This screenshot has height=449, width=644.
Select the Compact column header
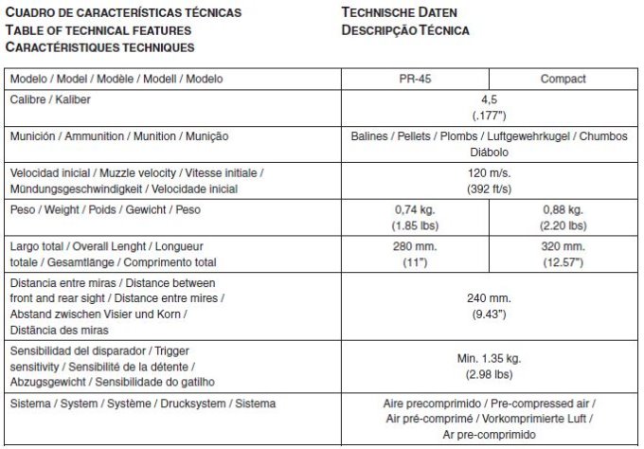click(x=563, y=79)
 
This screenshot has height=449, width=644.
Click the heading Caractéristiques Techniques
click(x=99, y=46)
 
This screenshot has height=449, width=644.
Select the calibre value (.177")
click(x=489, y=116)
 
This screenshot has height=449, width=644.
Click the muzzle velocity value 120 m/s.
click(x=489, y=174)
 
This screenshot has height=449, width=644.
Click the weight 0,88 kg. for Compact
click(x=563, y=209)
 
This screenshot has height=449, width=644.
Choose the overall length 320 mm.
click(x=563, y=246)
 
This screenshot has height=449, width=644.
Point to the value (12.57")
click(x=563, y=262)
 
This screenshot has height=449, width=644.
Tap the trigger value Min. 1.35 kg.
click(x=489, y=358)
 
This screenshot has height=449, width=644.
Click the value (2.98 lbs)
click(x=489, y=374)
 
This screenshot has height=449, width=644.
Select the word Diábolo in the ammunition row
click(x=489, y=153)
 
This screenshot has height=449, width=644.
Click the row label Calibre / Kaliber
click(x=50, y=99)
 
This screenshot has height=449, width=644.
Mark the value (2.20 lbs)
click(x=563, y=225)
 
